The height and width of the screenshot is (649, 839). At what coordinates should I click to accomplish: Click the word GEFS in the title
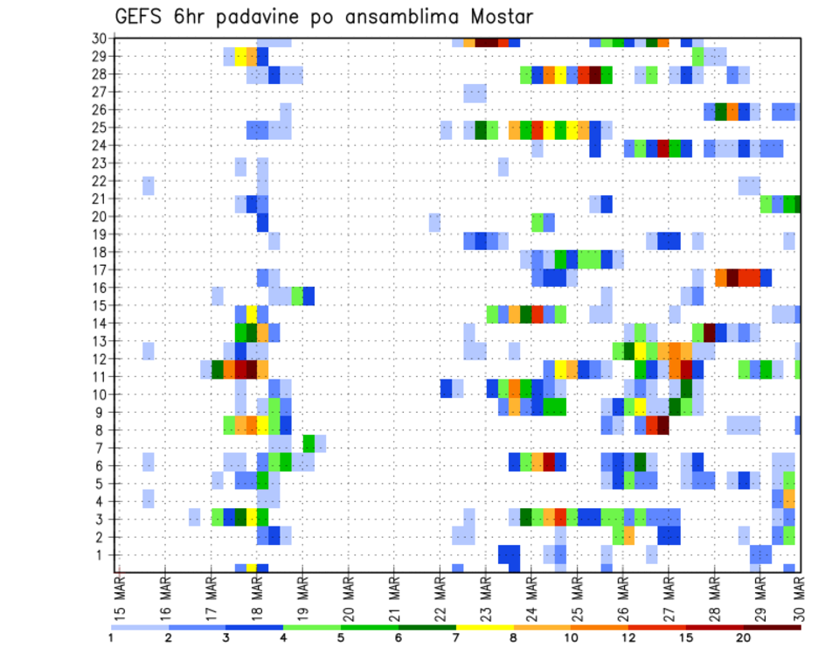click(x=139, y=17)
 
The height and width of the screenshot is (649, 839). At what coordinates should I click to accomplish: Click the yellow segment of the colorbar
click(x=484, y=627)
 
